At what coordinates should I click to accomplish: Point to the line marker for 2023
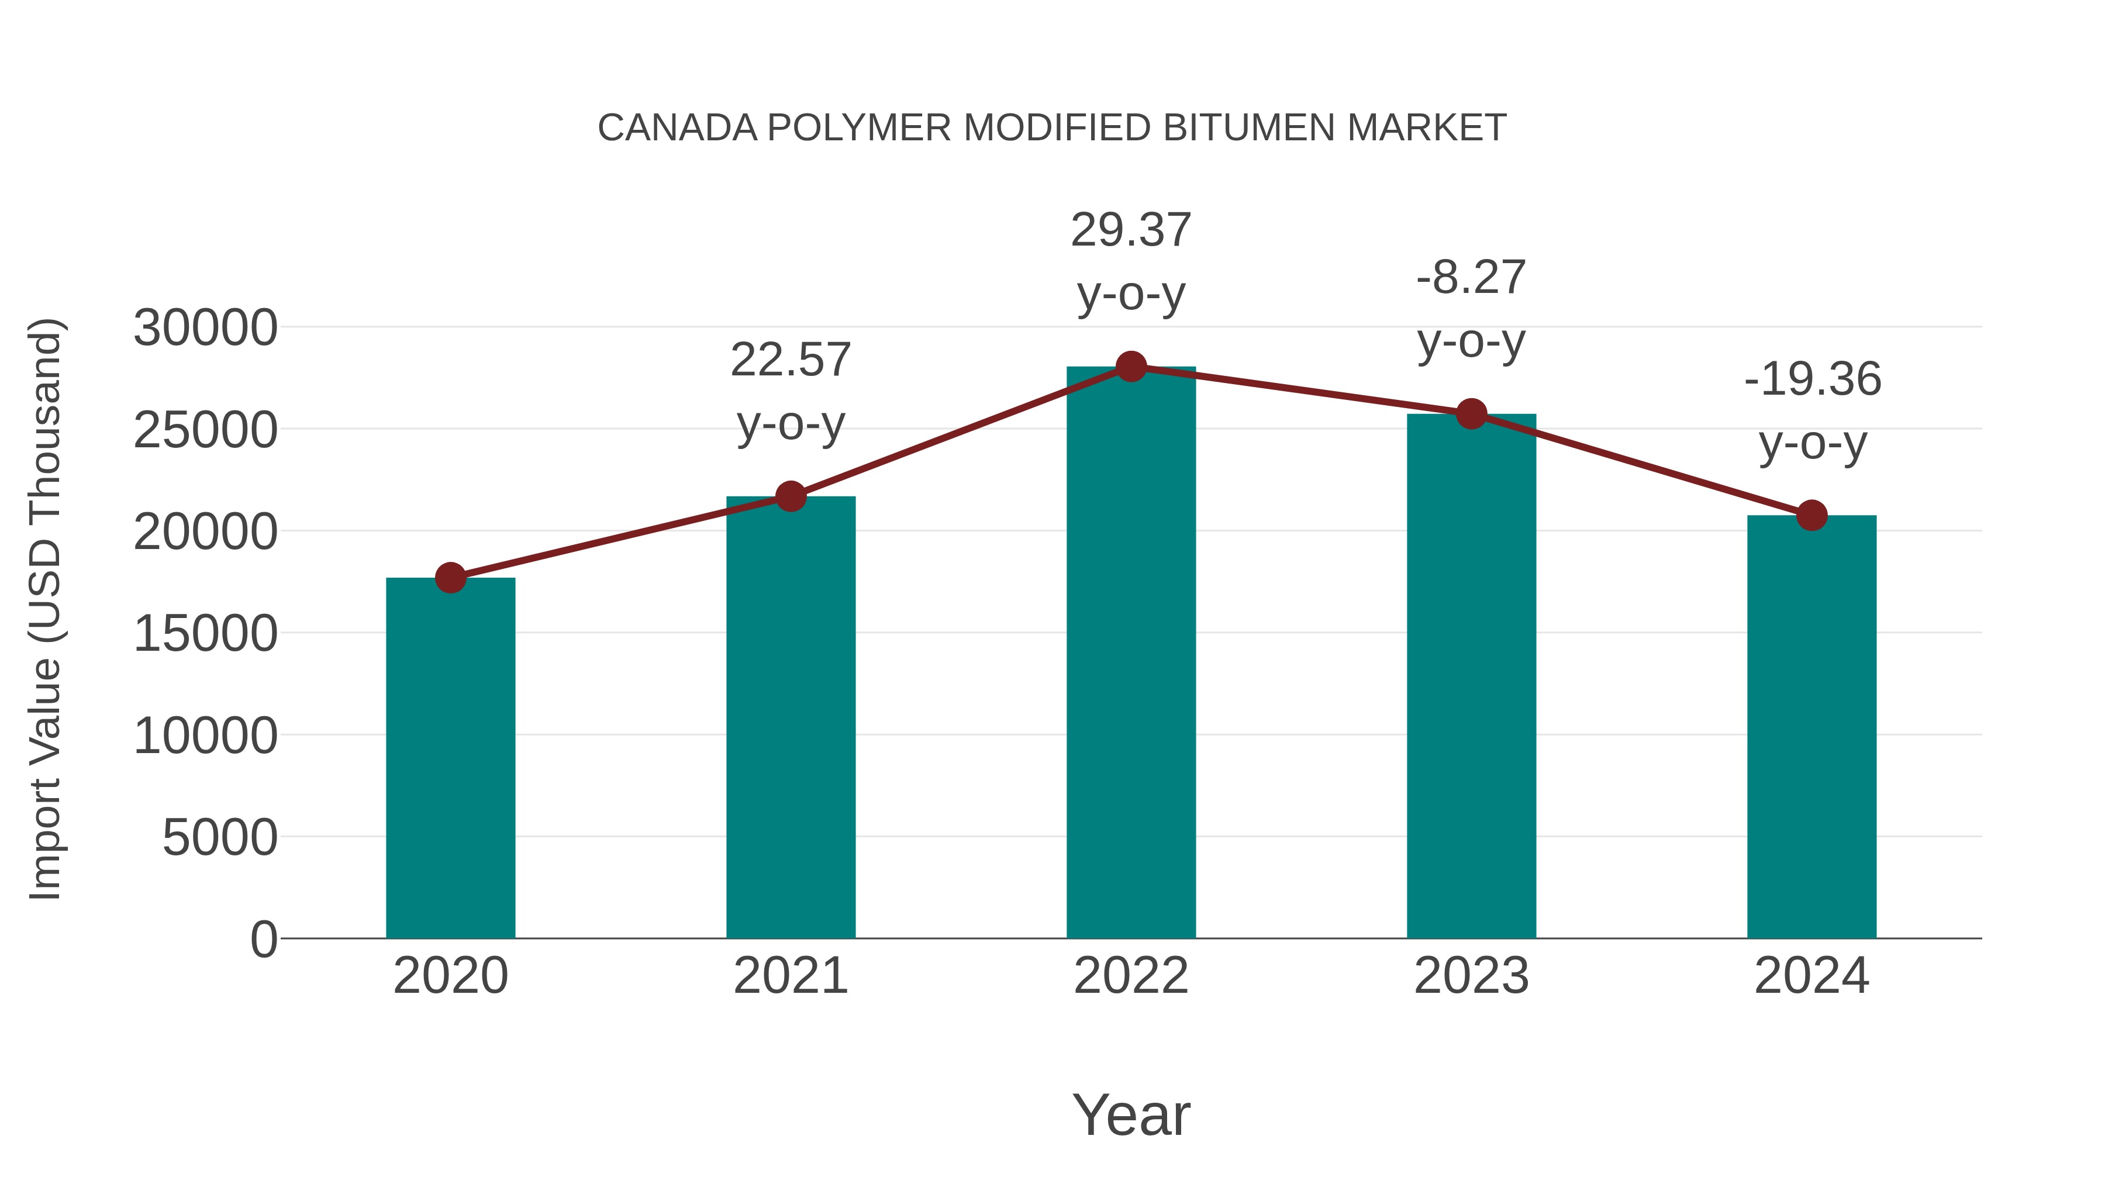[1471, 415]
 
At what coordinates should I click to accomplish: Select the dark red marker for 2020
[450, 578]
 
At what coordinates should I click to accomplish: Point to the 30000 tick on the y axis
[206, 329]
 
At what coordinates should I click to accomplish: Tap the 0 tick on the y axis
[264, 940]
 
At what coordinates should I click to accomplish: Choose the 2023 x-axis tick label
[1471, 976]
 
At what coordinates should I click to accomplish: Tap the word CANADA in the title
[678, 128]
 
